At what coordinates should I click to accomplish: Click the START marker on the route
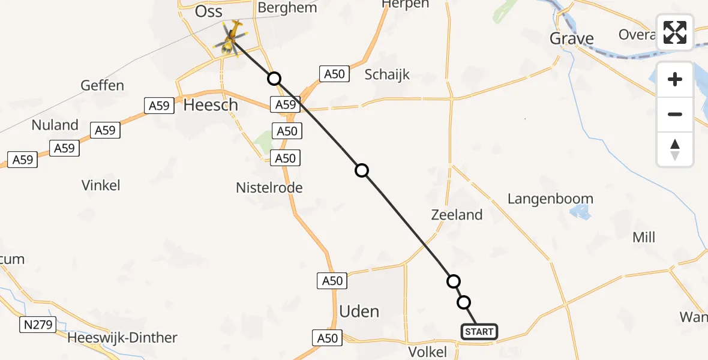(479, 331)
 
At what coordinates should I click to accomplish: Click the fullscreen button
(675, 32)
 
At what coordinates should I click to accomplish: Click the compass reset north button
(675, 149)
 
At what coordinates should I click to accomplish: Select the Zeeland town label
(457, 215)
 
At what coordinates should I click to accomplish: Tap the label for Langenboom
(550, 199)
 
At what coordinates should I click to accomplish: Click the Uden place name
(359, 311)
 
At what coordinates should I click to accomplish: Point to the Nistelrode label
(269, 188)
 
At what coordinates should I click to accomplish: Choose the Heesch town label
(211, 105)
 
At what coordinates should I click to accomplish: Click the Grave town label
(572, 39)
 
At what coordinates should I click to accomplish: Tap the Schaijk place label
(387, 74)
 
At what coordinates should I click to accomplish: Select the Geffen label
(103, 85)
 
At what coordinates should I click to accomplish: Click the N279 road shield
(38, 325)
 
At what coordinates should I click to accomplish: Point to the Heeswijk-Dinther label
(122, 338)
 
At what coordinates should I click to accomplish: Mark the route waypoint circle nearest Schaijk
(274, 79)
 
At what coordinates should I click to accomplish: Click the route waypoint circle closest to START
(464, 302)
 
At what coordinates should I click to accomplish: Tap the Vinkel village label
(101, 185)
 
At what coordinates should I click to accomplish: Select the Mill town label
(644, 238)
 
